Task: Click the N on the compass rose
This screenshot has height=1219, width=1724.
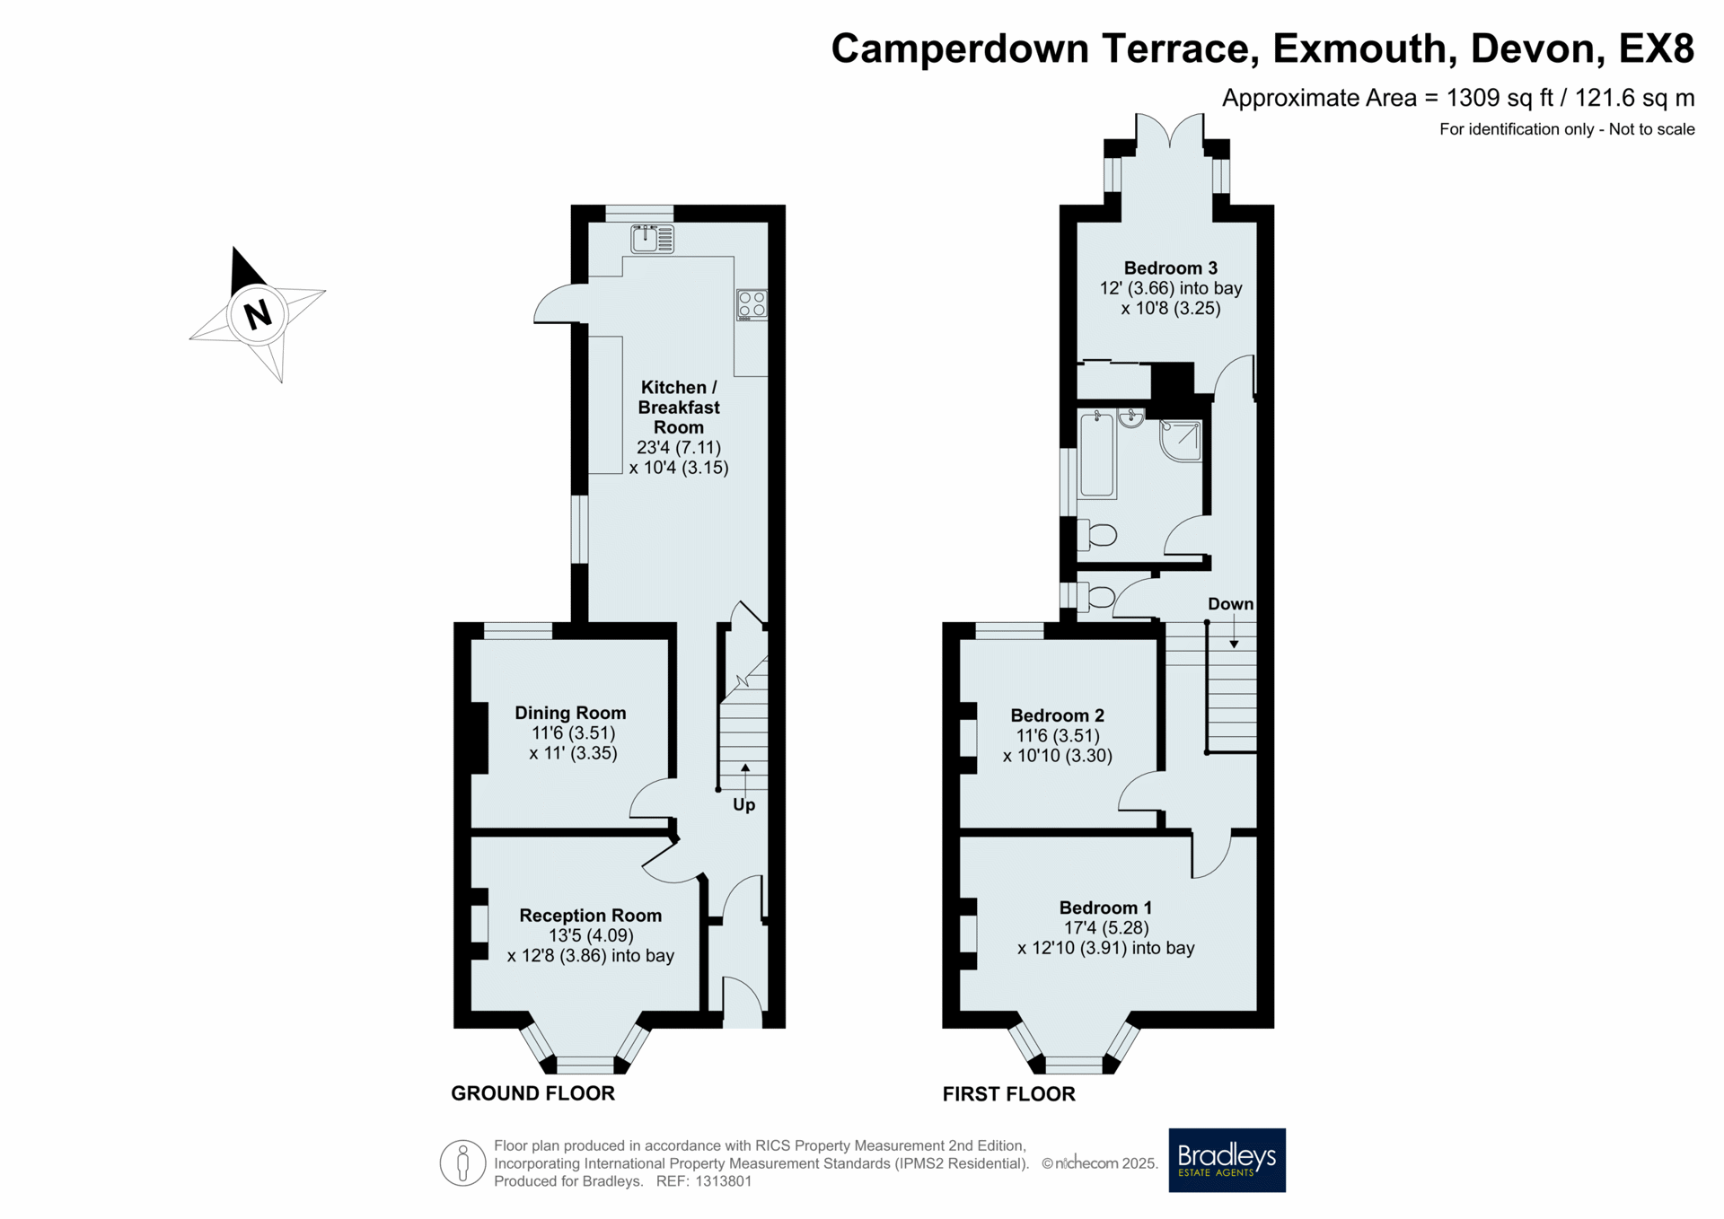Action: coord(258,314)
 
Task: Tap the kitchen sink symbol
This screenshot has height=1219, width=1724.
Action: coord(653,239)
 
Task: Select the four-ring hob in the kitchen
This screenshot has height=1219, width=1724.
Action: coord(752,305)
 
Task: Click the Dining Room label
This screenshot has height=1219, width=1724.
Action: coord(570,713)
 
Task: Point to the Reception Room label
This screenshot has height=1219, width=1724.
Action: coord(591,916)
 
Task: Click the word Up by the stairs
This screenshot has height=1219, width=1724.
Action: coord(744,805)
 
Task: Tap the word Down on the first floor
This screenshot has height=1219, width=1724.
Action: coord(1230,604)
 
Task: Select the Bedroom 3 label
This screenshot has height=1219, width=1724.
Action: coord(1171,267)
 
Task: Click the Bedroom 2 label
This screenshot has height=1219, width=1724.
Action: coord(1058,715)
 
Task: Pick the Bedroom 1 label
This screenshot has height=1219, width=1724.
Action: coord(1105,908)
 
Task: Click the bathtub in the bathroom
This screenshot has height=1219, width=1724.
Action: coord(1097,454)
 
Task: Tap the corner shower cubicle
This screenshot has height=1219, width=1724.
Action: coord(1181,440)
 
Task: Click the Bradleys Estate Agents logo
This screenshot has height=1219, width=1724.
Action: coord(1227,1160)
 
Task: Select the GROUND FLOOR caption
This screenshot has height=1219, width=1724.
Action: coord(532,1093)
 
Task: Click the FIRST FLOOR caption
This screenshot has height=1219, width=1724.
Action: coord(1008,1094)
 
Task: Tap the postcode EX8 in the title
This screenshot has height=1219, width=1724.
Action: coord(1657,48)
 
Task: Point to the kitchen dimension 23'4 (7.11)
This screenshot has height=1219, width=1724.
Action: coord(679,447)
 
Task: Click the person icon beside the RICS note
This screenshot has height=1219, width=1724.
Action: coord(463,1163)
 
